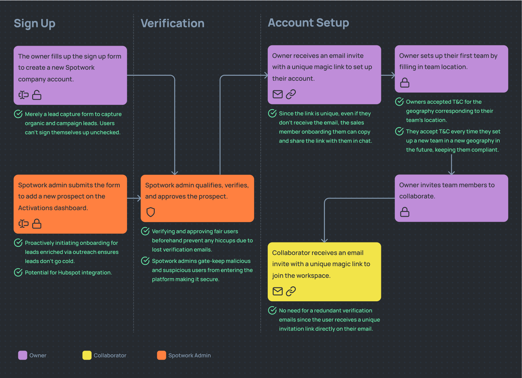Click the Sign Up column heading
pos(34,23)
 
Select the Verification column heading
pos(172,23)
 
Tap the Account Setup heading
pos(308,23)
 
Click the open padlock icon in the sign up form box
pos(37,95)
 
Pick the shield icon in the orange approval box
pos(150,212)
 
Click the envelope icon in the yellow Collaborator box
pos(278,291)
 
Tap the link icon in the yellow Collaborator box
pos(291,291)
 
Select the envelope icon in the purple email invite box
pos(278,94)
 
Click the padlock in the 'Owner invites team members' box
pos(405,212)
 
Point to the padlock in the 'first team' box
pos(405,82)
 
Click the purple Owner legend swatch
pos(23,355)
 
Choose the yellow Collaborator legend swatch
pos(87,355)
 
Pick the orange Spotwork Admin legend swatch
pos(162,355)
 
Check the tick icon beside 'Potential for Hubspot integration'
pos(18,272)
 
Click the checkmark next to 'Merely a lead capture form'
pos(18,114)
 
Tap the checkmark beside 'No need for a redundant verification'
pos(272,310)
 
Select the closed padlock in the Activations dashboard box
pos(37,224)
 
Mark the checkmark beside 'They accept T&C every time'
pos(400,131)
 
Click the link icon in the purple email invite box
pos(291,94)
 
